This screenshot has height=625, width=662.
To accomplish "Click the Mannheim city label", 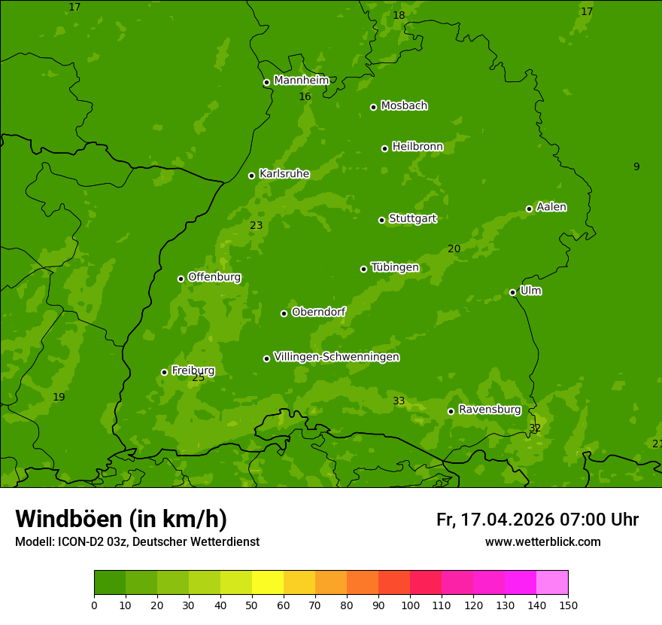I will click(x=301, y=81).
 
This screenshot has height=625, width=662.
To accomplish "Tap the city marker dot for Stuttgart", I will click(x=381, y=220).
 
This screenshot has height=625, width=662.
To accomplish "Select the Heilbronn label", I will click(x=418, y=147).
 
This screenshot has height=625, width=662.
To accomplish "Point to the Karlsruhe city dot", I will click(x=251, y=175).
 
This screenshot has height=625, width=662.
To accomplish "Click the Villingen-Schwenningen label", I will click(x=336, y=357).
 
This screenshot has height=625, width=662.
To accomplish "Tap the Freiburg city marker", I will click(x=164, y=372).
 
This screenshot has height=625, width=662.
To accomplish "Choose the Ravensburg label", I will click(x=490, y=410).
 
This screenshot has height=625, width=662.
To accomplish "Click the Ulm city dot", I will click(x=512, y=292).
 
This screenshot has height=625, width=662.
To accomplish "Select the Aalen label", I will click(x=551, y=207).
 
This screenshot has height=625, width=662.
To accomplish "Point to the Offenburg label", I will click(x=214, y=277).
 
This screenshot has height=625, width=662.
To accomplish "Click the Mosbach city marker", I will click(x=373, y=107).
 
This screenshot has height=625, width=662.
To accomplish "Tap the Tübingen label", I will click(x=395, y=267).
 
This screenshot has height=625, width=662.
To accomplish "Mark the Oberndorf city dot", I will click(x=284, y=313).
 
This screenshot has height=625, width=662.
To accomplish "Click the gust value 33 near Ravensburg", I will click(x=399, y=401).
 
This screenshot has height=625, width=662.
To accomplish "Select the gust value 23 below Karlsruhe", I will click(x=257, y=225).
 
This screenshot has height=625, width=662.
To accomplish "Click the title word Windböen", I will click(x=68, y=519).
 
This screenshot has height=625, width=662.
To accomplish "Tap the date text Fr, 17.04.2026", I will click(x=495, y=520).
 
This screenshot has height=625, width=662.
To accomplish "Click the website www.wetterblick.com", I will click(x=542, y=541).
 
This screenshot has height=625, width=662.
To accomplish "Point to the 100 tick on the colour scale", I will click(x=410, y=604).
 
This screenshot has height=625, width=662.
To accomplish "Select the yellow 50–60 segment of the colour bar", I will click(x=268, y=582).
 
